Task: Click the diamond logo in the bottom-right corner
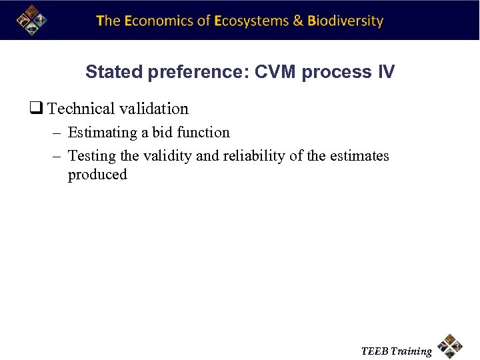point(451,346)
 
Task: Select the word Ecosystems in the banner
point(251,21)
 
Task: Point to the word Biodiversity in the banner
point(345,21)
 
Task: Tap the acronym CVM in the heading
point(275,72)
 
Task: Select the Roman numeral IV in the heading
point(386,72)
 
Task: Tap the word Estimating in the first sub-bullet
point(103,133)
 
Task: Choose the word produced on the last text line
point(97,175)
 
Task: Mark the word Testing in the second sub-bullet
point(92,157)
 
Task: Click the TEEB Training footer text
point(396,351)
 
